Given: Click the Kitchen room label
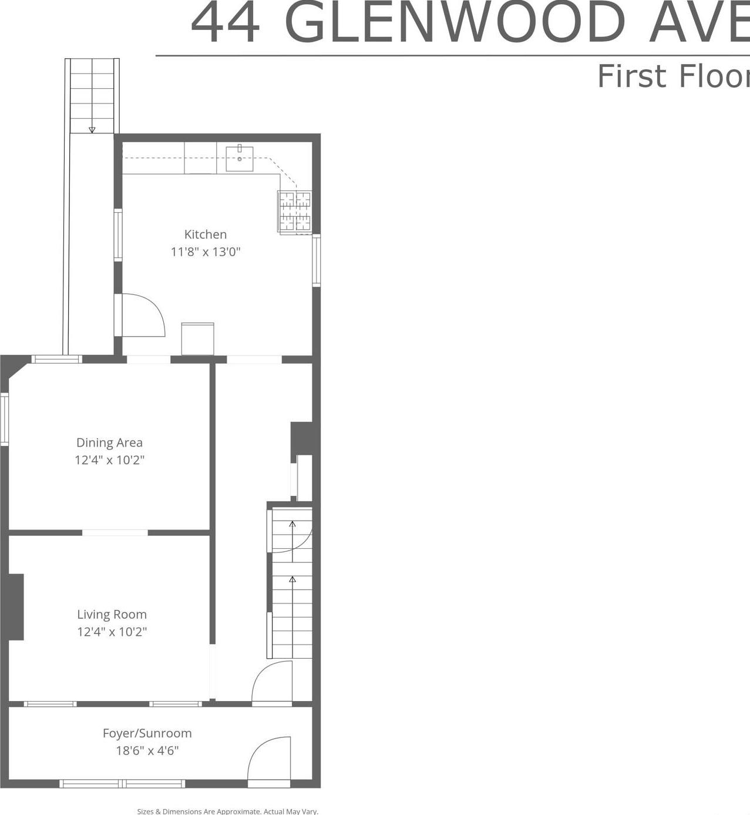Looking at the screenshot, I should tap(206, 234).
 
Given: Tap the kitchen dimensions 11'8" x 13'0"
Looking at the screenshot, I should tap(206, 252).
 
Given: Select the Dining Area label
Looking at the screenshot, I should tap(109, 442).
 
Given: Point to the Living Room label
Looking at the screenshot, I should tap(112, 615).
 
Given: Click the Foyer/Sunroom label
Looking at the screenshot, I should tap(147, 733).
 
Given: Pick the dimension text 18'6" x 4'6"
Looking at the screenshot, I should tap(147, 750).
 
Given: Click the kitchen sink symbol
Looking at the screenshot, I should tap(240, 159).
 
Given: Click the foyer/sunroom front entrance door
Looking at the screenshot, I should tap(270, 761).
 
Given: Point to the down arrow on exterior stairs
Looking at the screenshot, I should tap(92, 130).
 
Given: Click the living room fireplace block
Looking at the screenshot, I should tap(16, 607).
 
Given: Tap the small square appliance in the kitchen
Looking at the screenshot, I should tap(197, 338).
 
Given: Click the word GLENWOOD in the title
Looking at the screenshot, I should tap(454, 24).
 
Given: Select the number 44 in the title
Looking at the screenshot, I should tap(225, 24).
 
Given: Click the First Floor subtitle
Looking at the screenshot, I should tap(672, 77).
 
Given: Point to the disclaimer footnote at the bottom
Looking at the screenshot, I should tap(227, 811).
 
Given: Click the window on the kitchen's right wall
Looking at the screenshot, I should tap(316, 260).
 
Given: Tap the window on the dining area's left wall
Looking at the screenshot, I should tap(5, 418).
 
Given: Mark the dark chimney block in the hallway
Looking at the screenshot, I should tap(302, 438).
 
